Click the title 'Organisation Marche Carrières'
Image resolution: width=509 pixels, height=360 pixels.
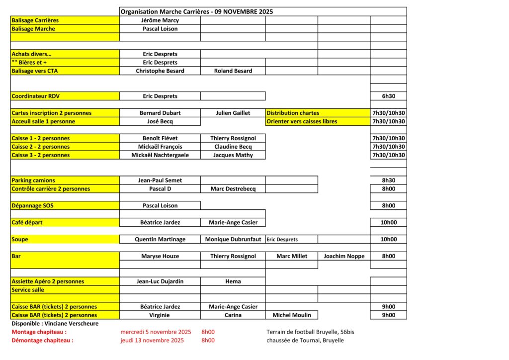[x=196, y=11]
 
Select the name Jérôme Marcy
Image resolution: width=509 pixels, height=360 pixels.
[x=160, y=20]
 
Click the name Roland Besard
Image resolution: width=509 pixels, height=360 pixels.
[x=233, y=71]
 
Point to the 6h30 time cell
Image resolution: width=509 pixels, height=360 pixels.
[x=388, y=96]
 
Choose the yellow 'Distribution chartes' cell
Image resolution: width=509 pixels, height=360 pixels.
[x=293, y=113]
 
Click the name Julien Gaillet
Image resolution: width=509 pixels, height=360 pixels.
[x=233, y=113]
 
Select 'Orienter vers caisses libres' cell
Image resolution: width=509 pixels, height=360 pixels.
[x=302, y=122]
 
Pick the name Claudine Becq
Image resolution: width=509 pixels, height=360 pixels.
[x=233, y=147]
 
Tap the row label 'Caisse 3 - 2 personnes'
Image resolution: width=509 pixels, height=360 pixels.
[x=41, y=156]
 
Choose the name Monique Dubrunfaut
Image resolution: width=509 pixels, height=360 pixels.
[x=233, y=240]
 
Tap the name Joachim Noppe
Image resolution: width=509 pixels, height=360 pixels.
[x=344, y=257]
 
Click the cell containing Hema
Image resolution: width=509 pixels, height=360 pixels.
[x=233, y=282]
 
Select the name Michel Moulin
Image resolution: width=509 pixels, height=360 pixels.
[x=292, y=315]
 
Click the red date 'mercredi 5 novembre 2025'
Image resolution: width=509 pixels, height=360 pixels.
[x=156, y=332]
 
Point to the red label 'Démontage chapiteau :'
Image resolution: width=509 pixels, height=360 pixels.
[x=42, y=341]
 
